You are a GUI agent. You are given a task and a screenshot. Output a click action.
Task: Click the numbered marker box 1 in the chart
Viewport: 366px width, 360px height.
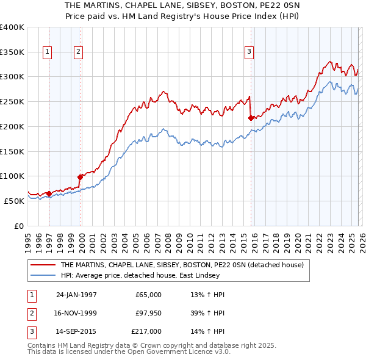(x=48, y=52)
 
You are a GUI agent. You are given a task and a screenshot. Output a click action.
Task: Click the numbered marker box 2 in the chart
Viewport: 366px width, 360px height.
(x=79, y=52)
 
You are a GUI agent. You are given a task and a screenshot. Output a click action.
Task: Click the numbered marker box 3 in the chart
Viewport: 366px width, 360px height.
(x=249, y=52)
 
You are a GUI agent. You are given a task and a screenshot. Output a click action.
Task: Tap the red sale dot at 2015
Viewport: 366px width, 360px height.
(x=251, y=118)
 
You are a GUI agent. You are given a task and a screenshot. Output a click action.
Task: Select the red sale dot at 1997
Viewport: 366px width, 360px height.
(x=49, y=193)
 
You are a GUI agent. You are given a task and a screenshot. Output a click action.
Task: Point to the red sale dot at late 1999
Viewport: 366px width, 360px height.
(x=80, y=177)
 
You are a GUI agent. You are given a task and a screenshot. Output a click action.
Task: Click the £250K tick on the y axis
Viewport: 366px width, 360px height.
(x=12, y=101)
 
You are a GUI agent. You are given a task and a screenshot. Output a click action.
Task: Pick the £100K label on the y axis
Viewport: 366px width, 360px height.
(x=12, y=176)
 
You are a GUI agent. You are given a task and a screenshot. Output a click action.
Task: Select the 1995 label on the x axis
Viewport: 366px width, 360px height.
(x=27, y=238)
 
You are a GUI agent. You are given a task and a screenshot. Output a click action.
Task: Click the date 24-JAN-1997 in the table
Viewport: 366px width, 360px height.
(x=76, y=295)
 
